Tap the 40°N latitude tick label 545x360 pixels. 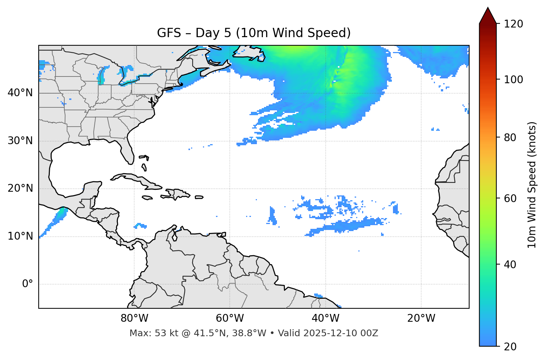click(x=20, y=93)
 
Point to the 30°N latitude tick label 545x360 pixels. click(x=20, y=141)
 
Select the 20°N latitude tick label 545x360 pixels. click(x=20, y=188)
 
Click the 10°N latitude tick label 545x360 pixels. click(x=20, y=236)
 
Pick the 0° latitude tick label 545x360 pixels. click(x=28, y=284)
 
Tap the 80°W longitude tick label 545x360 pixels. click(x=134, y=318)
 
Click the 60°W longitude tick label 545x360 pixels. click(x=230, y=318)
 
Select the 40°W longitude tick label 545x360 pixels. click(x=325, y=318)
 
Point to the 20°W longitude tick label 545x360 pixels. click(x=421, y=318)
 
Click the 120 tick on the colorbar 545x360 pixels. click(x=513, y=24)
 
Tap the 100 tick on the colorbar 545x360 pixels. click(x=513, y=80)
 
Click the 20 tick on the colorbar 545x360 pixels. click(x=510, y=347)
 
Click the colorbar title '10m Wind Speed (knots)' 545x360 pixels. click(x=532, y=185)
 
